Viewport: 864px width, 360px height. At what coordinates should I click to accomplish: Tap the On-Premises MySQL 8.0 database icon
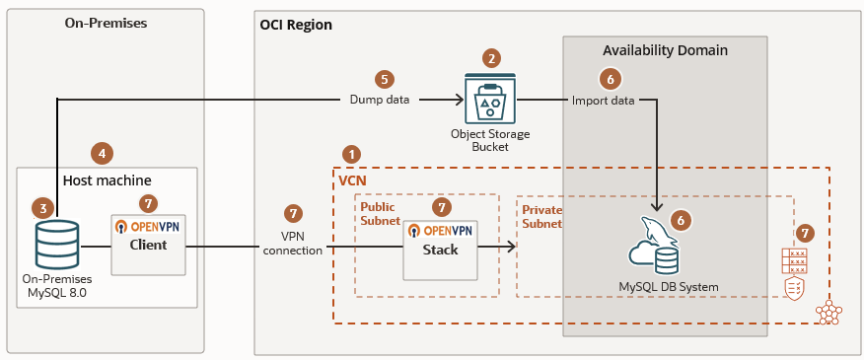(56, 245)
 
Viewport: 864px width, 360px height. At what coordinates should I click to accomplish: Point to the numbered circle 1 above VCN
(350, 155)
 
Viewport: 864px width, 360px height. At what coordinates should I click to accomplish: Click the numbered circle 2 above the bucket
(491, 58)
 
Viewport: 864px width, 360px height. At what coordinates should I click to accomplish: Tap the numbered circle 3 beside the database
(42, 208)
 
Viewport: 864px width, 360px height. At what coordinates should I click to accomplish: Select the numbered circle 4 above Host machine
(101, 153)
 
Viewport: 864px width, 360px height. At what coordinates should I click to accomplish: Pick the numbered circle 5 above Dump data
(385, 78)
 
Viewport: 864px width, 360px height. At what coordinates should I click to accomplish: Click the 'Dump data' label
(380, 100)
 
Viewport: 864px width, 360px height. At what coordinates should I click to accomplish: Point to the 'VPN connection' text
(293, 244)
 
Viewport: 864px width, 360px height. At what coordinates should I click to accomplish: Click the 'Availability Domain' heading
(665, 50)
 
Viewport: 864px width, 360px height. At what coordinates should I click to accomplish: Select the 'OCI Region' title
(295, 25)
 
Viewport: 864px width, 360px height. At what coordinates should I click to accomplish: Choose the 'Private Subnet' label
(541, 217)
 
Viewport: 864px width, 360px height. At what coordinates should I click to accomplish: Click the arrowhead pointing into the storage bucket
(460, 100)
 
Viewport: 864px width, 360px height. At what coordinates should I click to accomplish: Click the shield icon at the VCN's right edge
(794, 286)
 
